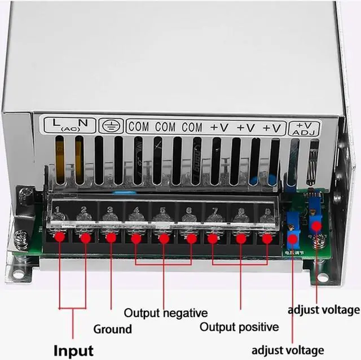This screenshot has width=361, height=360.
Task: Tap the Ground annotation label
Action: coord(112,329)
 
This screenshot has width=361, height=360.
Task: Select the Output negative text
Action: coord(166,313)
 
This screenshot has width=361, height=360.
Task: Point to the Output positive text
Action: coord(239,327)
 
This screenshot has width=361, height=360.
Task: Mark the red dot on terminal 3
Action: coord(111,238)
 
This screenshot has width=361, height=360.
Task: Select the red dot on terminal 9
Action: coord(267,238)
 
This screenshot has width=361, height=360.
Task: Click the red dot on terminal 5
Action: coord(164,238)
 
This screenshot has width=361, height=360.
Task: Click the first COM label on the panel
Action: coord(139,126)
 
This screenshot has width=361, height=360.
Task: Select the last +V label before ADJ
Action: coord(271,127)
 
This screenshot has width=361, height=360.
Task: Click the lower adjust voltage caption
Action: coord(288,350)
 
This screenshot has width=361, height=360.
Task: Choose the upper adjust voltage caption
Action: coord(323,309)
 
